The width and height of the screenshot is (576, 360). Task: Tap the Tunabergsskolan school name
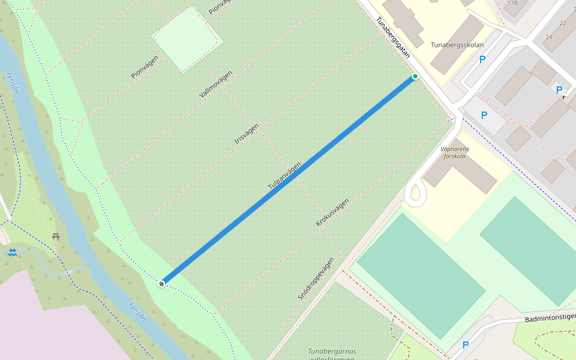point(457,44)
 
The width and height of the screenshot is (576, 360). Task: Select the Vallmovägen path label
point(215,85)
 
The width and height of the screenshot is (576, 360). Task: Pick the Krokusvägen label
point(332,212)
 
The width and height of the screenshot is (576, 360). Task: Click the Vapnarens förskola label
point(454,153)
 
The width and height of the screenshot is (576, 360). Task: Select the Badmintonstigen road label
point(550,317)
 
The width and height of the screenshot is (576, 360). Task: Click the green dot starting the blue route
point(415,76)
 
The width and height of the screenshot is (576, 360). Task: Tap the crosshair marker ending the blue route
point(161,283)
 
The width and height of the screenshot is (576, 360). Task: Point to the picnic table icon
point(56,236)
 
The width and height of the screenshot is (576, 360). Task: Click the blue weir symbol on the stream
point(12,252)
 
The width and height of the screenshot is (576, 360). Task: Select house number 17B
point(512,3)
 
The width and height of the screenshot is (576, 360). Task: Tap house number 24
point(548,37)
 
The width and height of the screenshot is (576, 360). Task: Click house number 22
point(563,23)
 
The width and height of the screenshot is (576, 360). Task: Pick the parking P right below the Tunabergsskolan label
point(482,60)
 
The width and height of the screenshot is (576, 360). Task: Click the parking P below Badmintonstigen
point(465,345)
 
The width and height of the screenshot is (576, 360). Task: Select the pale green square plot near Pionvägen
point(187,39)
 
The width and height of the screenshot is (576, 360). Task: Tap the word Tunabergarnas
point(332,351)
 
